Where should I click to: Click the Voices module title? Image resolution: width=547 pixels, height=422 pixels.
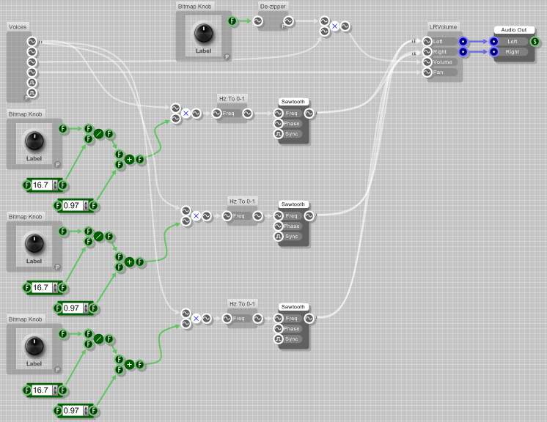(18, 27)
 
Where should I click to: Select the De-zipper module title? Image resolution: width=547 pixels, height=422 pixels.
(273, 6)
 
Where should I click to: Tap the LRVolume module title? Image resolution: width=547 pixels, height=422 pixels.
(443, 26)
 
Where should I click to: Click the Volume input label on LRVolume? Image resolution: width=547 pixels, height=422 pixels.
(443, 62)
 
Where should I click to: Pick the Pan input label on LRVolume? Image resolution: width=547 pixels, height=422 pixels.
(438, 72)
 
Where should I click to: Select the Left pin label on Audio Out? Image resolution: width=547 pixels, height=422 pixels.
(511, 41)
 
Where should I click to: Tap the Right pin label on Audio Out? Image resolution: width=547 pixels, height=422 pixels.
(512, 52)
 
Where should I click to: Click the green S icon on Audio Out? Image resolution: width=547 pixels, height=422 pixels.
(536, 41)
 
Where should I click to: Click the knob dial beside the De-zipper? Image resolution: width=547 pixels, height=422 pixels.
(203, 32)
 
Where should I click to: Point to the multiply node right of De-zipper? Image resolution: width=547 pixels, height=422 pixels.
(334, 26)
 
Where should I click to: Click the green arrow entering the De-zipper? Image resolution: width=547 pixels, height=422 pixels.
(245, 21)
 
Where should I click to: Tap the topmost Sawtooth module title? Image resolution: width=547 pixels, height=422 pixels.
(293, 102)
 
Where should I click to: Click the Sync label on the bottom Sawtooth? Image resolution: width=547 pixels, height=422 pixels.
(292, 339)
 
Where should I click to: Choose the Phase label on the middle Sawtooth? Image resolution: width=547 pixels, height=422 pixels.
(292, 226)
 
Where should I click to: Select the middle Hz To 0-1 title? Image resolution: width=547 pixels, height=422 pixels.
(243, 201)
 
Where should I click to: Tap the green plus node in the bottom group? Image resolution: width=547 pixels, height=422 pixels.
(129, 364)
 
